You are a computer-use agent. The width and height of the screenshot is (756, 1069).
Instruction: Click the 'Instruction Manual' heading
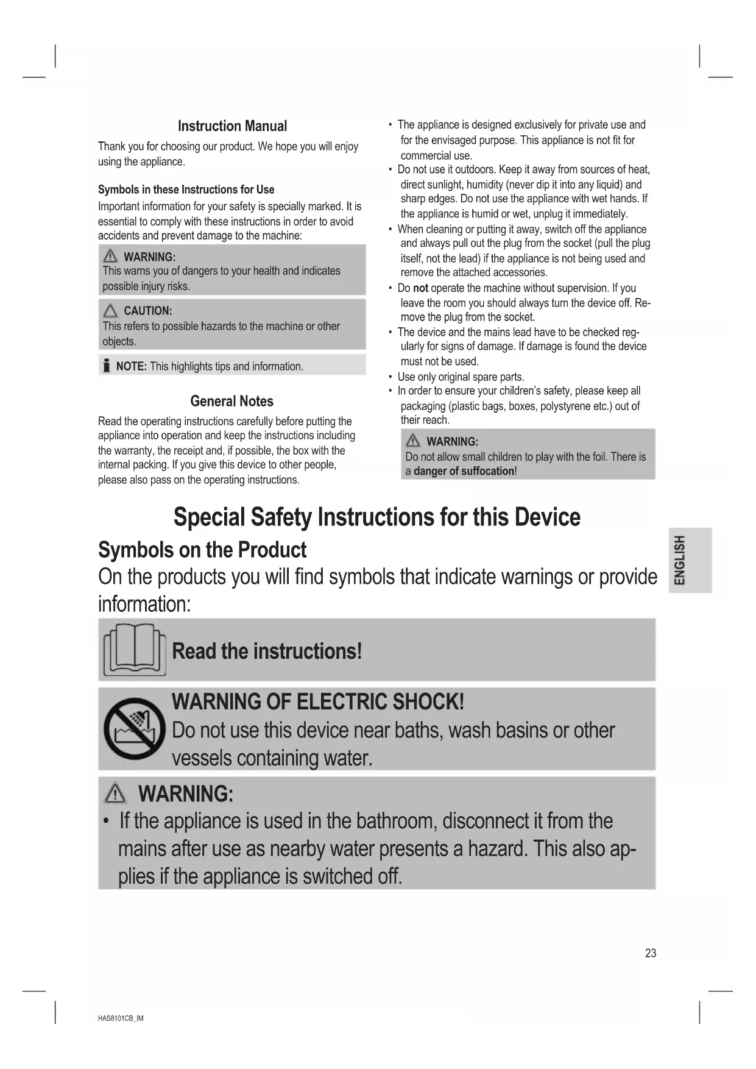pos(232,126)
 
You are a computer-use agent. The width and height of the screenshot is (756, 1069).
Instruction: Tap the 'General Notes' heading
pos(231,401)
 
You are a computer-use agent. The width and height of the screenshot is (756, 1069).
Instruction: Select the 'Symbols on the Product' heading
pos(202,550)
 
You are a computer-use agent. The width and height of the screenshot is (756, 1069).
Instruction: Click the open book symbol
pos(134,649)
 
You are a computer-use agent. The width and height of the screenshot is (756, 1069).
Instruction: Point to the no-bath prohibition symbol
pos(134,728)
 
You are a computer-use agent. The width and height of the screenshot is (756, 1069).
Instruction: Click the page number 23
pos(651,953)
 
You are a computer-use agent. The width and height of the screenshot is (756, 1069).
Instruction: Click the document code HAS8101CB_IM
pos(121,1018)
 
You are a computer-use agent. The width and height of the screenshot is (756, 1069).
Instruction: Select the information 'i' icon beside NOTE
pos(107,366)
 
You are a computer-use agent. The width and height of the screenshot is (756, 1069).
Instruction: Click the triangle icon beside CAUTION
pos(110,311)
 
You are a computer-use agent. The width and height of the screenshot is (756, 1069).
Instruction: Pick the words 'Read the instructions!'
pos(267,651)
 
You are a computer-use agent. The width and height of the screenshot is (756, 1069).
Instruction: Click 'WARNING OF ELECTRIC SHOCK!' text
pos(318,701)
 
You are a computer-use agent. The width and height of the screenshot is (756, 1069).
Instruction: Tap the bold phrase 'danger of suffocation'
pos(464,471)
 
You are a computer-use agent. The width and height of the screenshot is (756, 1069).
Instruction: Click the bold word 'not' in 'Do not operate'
pos(420,288)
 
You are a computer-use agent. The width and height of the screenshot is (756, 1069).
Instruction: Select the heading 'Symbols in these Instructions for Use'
pos(186,190)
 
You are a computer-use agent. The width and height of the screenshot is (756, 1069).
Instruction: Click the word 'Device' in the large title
pos(547,517)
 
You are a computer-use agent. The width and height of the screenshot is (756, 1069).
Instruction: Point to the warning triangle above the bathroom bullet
pos(115,794)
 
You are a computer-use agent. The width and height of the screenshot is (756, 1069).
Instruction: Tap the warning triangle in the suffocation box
pos(412,441)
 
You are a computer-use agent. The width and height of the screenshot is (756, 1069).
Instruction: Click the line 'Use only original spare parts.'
pos(461,377)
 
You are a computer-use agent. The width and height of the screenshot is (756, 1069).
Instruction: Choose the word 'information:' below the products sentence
pos(144,604)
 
